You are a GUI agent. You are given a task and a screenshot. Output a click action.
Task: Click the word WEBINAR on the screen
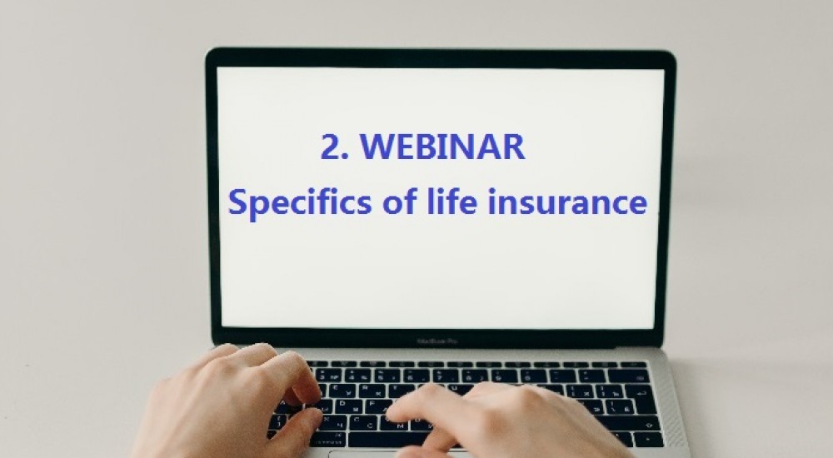(445, 147)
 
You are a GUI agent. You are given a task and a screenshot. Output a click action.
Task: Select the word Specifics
(294, 203)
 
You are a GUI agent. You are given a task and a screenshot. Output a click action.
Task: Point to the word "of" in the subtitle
(386, 202)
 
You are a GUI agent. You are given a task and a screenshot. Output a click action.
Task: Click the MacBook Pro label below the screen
(440, 341)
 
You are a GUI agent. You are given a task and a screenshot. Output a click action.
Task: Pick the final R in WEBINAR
(514, 147)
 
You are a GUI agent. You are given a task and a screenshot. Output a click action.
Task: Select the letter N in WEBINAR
(465, 147)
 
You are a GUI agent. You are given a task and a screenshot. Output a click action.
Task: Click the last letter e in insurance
(637, 205)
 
